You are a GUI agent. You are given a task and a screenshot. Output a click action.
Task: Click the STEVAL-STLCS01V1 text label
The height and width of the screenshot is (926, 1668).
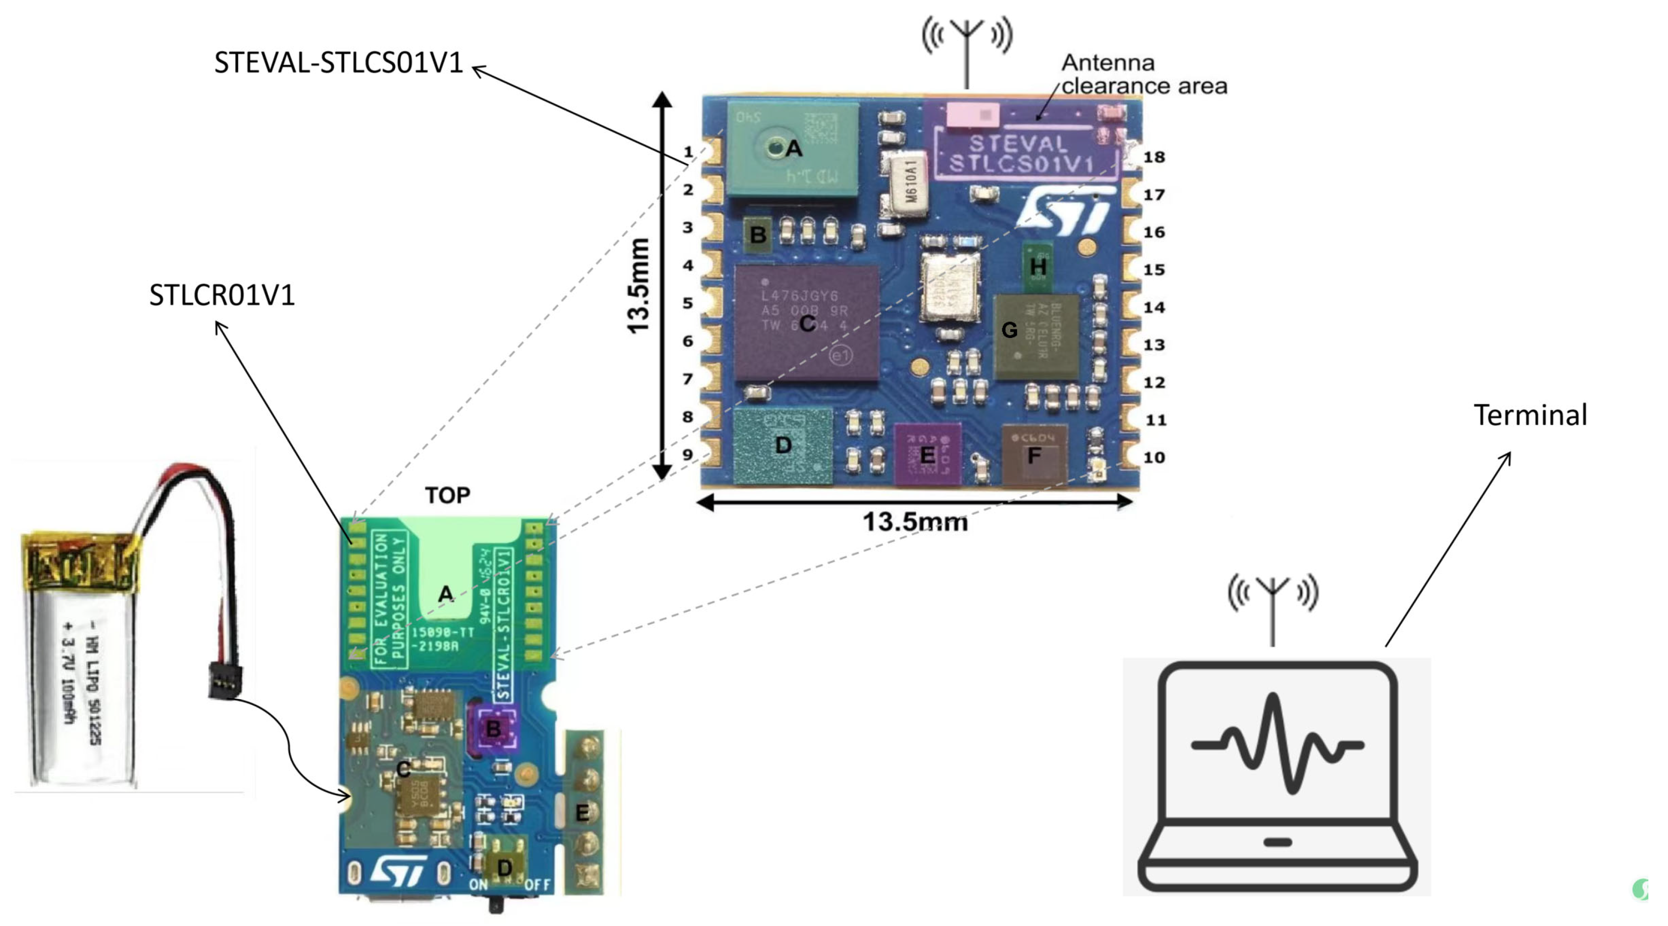pos(338,63)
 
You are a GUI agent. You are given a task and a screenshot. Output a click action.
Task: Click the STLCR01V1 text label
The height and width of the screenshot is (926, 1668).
pos(222,295)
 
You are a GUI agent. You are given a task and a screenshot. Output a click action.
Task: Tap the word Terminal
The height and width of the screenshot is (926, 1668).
pos(1530,415)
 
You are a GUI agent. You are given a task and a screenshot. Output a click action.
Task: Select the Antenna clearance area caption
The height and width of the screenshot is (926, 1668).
pos(1143,74)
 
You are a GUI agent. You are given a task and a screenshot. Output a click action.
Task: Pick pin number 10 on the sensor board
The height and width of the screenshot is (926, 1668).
pos(1154,458)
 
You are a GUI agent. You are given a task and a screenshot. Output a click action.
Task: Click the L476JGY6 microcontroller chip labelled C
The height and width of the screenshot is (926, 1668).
pos(806,322)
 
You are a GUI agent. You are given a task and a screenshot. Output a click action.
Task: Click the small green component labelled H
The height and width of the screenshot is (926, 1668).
pos(1037,266)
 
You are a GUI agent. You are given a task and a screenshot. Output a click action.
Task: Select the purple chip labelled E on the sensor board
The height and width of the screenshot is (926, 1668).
pos(927,454)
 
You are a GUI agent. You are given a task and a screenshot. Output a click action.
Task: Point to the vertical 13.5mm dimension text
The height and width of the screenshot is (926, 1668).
pos(639,286)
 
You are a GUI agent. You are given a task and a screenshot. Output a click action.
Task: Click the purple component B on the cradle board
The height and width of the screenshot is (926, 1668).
pos(493,729)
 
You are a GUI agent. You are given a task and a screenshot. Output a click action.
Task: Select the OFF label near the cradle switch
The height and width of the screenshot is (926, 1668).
pos(538,884)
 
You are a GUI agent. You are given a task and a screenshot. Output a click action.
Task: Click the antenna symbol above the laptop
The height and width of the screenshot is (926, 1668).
pos(1273,602)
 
